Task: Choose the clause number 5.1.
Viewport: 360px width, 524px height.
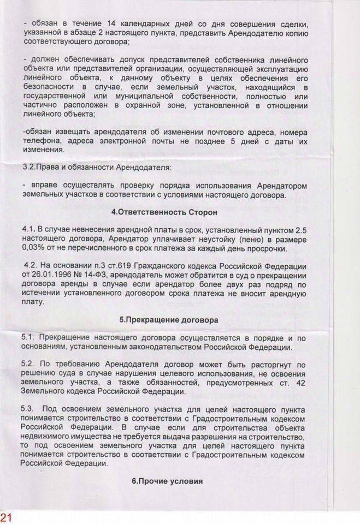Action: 28,338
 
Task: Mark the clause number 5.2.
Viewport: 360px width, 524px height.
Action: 28,364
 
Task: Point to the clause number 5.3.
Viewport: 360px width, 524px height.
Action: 28,409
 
